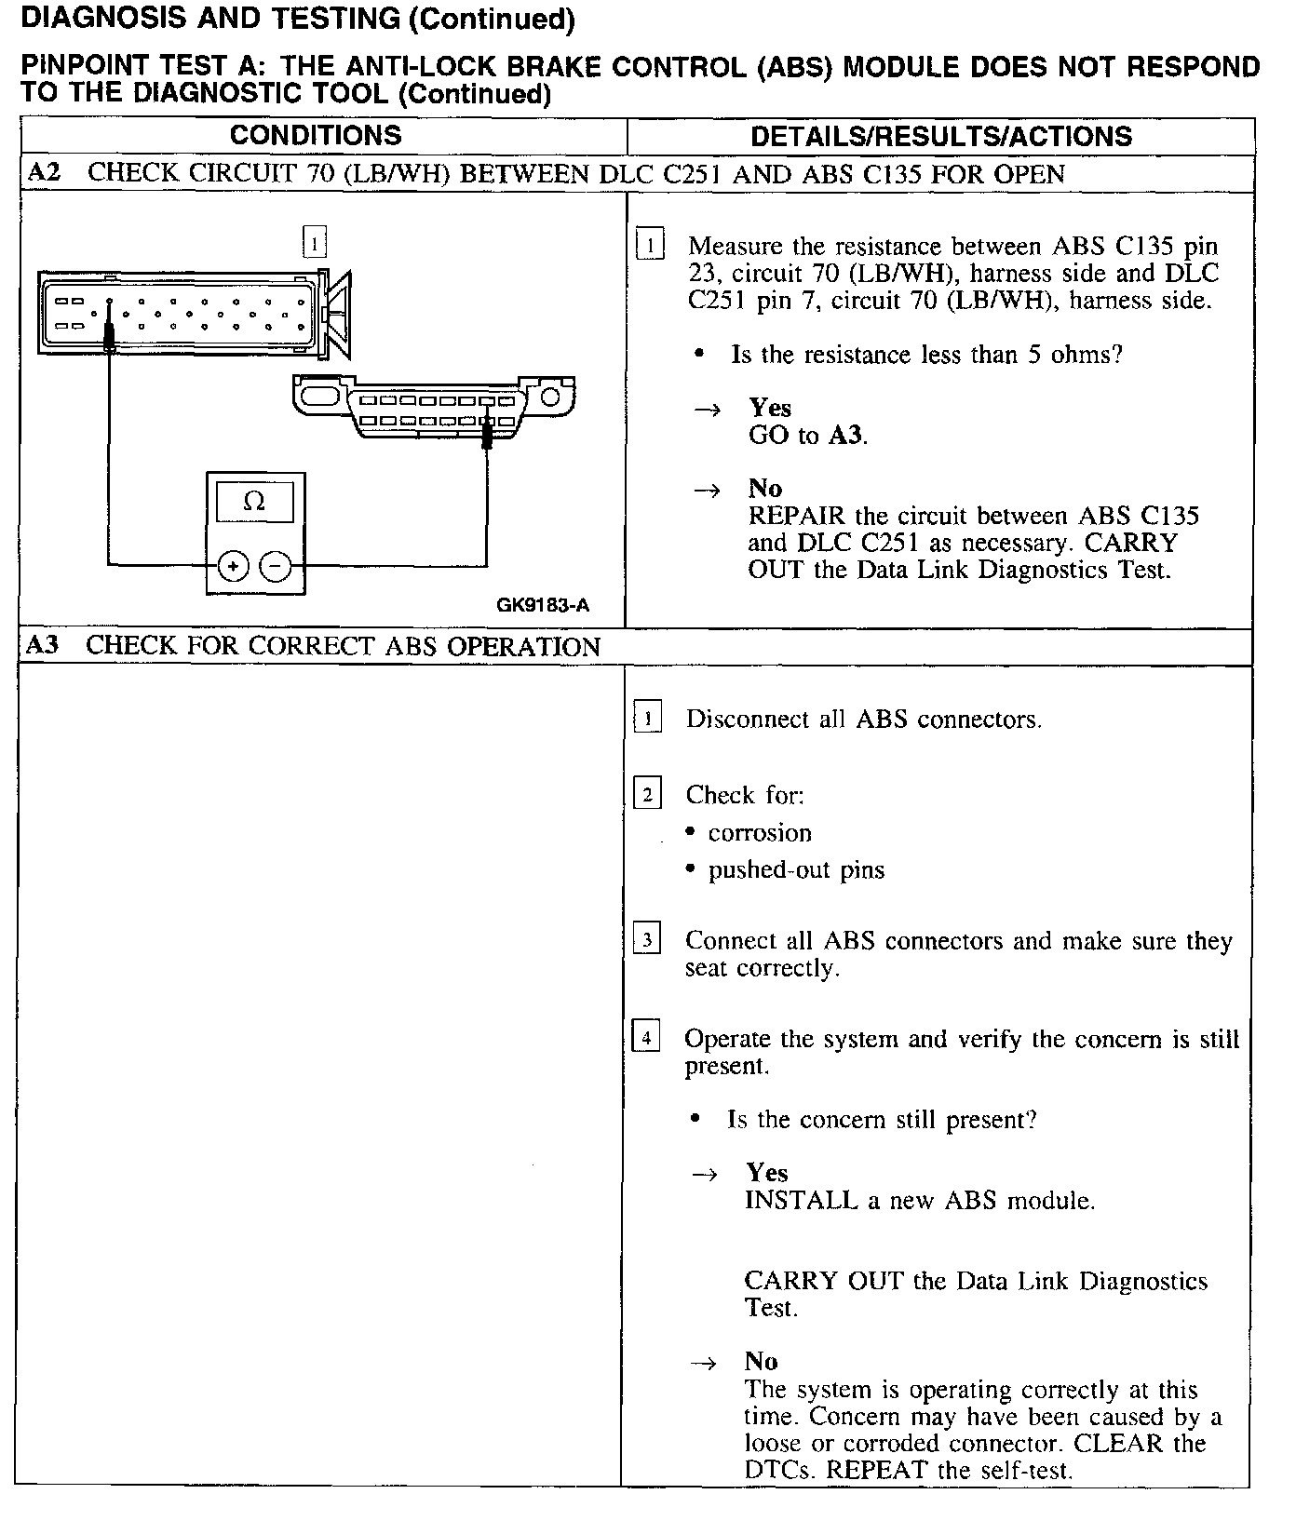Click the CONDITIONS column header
pos(316,136)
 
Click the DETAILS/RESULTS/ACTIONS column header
pos(940,137)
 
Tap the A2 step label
pos(44,173)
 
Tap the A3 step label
pos(43,646)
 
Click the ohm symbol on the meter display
pos(254,503)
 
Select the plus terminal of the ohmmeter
pos(233,565)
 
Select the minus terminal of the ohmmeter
pos(276,565)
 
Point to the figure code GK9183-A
pos(543,606)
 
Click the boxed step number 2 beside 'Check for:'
pos(647,794)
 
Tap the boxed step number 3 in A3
pos(647,939)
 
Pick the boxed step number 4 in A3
pos(646,1037)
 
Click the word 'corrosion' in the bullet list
pos(760,833)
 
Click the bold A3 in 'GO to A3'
pos(845,435)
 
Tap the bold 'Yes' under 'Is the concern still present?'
pos(766,1173)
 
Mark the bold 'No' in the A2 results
pos(764,489)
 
